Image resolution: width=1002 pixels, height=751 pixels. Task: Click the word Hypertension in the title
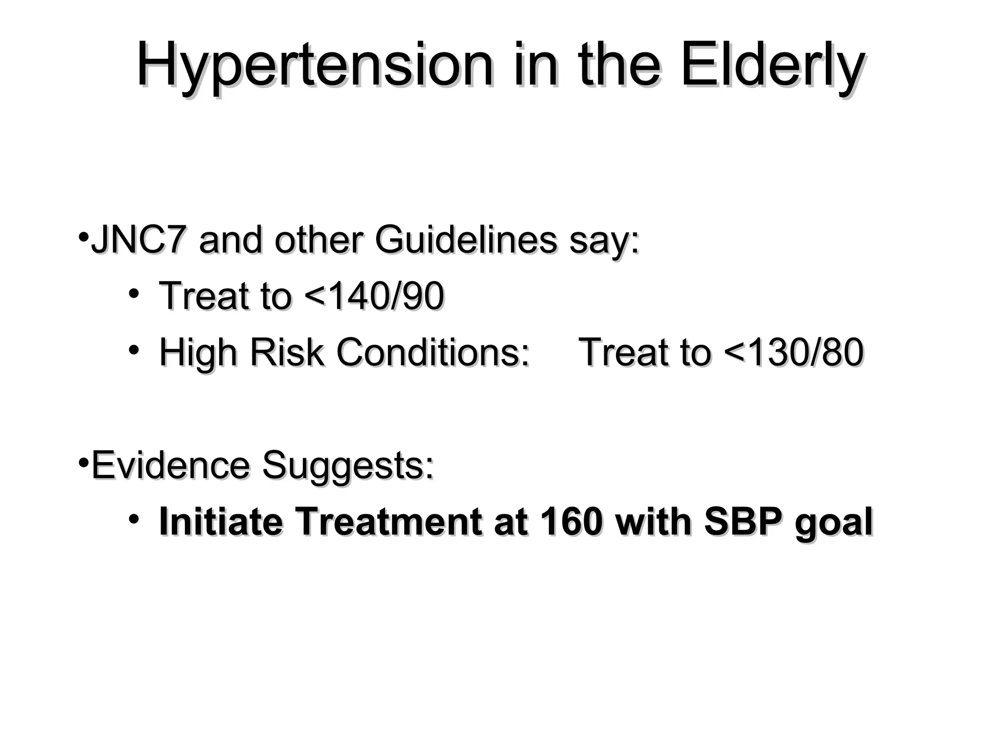[314, 66]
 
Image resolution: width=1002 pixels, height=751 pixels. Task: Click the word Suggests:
[347, 465]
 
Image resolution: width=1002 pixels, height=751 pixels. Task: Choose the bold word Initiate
[221, 522]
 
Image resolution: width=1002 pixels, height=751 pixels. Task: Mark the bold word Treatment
[388, 522]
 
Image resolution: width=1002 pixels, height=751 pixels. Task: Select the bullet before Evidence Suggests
[83, 462]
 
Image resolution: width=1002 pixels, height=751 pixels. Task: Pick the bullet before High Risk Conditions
[134, 350]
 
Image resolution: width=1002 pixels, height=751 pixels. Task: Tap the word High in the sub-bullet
[198, 353]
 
